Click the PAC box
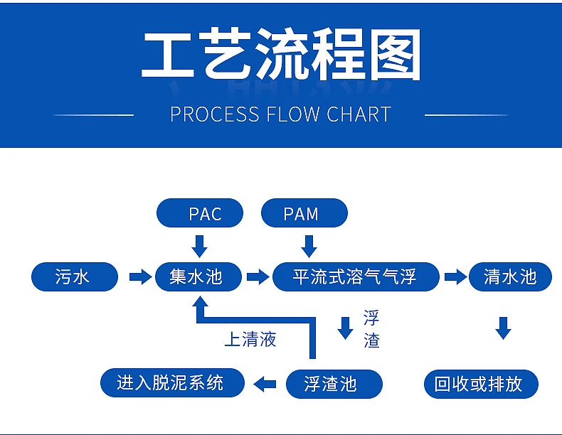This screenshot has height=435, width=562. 200,213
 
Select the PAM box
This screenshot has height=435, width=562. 304,213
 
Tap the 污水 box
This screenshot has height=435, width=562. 74,276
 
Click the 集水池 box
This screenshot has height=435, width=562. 198,276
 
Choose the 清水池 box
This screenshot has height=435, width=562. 510,276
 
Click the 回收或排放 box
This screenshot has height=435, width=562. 481,385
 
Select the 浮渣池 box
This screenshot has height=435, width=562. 334,385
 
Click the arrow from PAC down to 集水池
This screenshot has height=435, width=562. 200,246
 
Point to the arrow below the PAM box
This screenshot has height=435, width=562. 309,246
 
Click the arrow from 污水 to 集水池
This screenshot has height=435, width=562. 140,276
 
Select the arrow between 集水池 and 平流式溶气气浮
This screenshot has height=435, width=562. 257,276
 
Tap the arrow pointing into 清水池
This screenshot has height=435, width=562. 455,276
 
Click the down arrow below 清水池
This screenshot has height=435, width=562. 504,328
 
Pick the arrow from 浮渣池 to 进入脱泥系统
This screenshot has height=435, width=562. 265,385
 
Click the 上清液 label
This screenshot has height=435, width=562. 250,340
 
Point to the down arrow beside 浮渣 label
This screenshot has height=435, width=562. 346,328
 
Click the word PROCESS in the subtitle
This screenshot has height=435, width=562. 214,114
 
